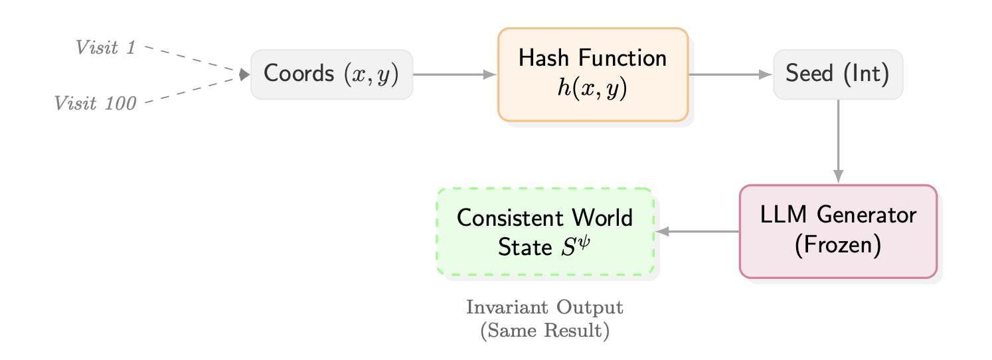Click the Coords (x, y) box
(331, 74)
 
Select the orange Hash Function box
(592, 74)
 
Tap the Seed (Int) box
(838, 74)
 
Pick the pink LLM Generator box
(838, 230)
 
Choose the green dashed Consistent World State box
(545, 231)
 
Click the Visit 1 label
(106, 47)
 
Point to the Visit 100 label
(96, 103)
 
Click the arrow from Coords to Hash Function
(455, 74)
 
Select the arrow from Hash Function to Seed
(730, 74)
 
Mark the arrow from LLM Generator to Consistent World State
(697, 231)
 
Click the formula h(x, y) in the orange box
(592, 88)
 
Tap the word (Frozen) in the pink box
(838, 244)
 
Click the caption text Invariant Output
(544, 308)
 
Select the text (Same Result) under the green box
(544, 330)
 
